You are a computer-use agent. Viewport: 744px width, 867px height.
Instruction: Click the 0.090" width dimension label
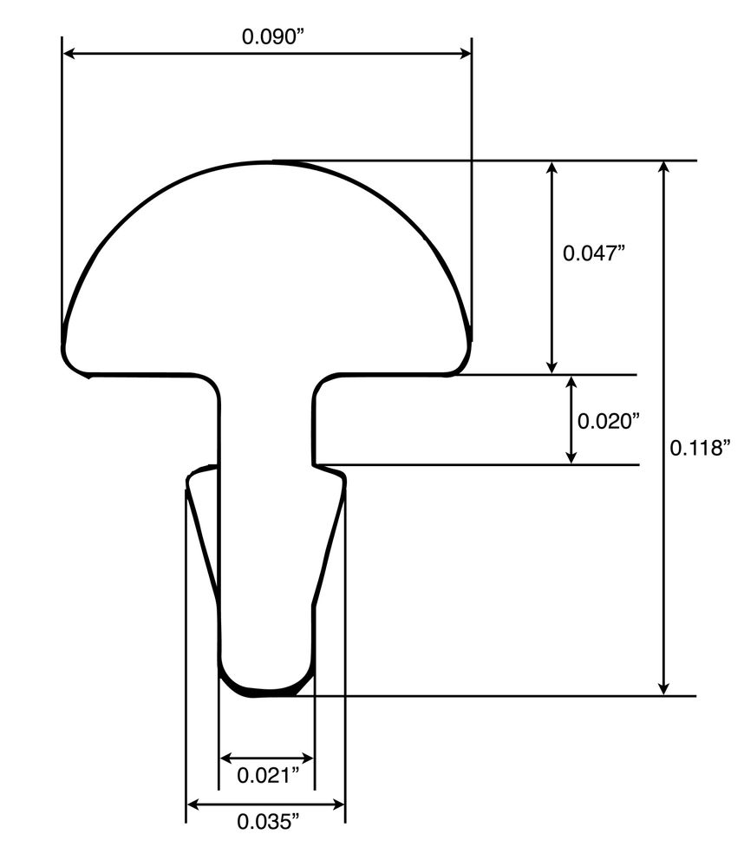pos(269,36)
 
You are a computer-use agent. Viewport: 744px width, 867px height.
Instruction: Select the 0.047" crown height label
pos(594,253)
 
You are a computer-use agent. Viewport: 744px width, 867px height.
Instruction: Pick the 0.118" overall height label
pos(702,448)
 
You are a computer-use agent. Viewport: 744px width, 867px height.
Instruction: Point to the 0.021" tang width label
pos(266,775)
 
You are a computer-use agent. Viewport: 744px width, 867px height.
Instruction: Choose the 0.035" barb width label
pos(265,821)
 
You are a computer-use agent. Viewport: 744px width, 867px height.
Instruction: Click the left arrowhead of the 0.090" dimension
pos(69,54)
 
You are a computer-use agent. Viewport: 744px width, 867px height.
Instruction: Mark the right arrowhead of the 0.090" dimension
pos(464,54)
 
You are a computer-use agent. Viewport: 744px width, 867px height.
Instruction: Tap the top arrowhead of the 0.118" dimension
pos(664,168)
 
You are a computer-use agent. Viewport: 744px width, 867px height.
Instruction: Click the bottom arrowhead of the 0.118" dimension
pos(664,687)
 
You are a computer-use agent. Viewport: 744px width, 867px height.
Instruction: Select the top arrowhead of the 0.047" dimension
pos(551,168)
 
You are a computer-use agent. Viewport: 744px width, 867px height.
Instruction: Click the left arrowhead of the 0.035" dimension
pos(193,805)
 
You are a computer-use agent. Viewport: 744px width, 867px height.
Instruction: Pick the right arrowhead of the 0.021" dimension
pos(306,758)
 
